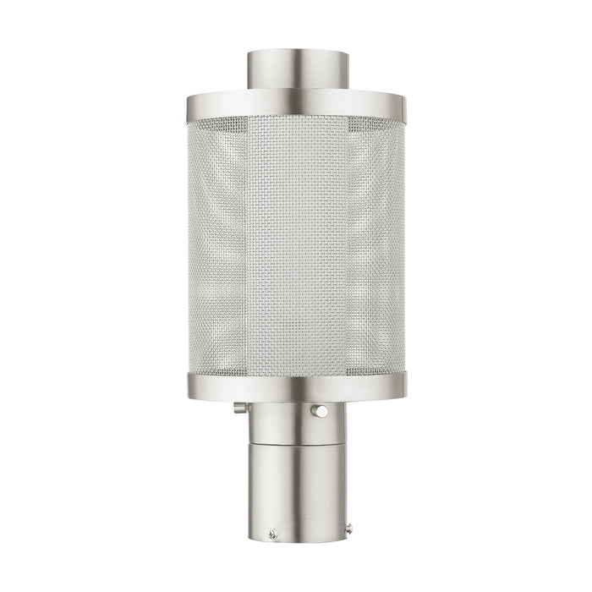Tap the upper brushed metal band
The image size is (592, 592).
295,104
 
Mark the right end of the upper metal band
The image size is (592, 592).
407,104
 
